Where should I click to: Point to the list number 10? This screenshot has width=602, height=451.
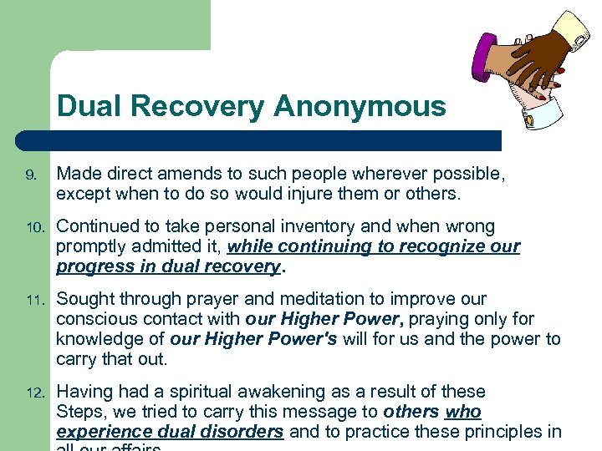[x=32, y=227]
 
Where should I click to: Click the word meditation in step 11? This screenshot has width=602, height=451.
[x=284, y=300]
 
